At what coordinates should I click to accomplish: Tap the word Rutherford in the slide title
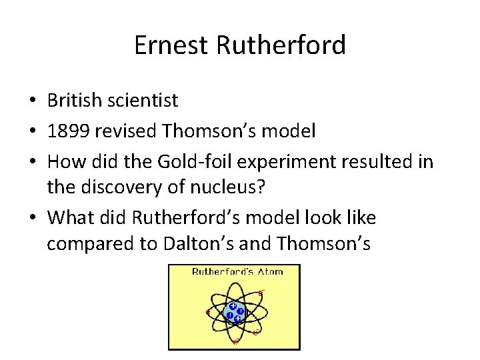click(x=281, y=45)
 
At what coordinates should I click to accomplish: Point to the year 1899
click(x=69, y=131)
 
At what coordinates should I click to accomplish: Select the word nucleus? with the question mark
click(x=229, y=187)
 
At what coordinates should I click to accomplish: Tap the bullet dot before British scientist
click(x=33, y=101)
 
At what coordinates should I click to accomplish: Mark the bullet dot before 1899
click(x=33, y=132)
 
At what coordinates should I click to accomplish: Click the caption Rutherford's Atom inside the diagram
click(x=237, y=271)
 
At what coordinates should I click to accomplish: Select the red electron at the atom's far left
click(x=208, y=312)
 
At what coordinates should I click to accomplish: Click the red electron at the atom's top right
click(x=261, y=292)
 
